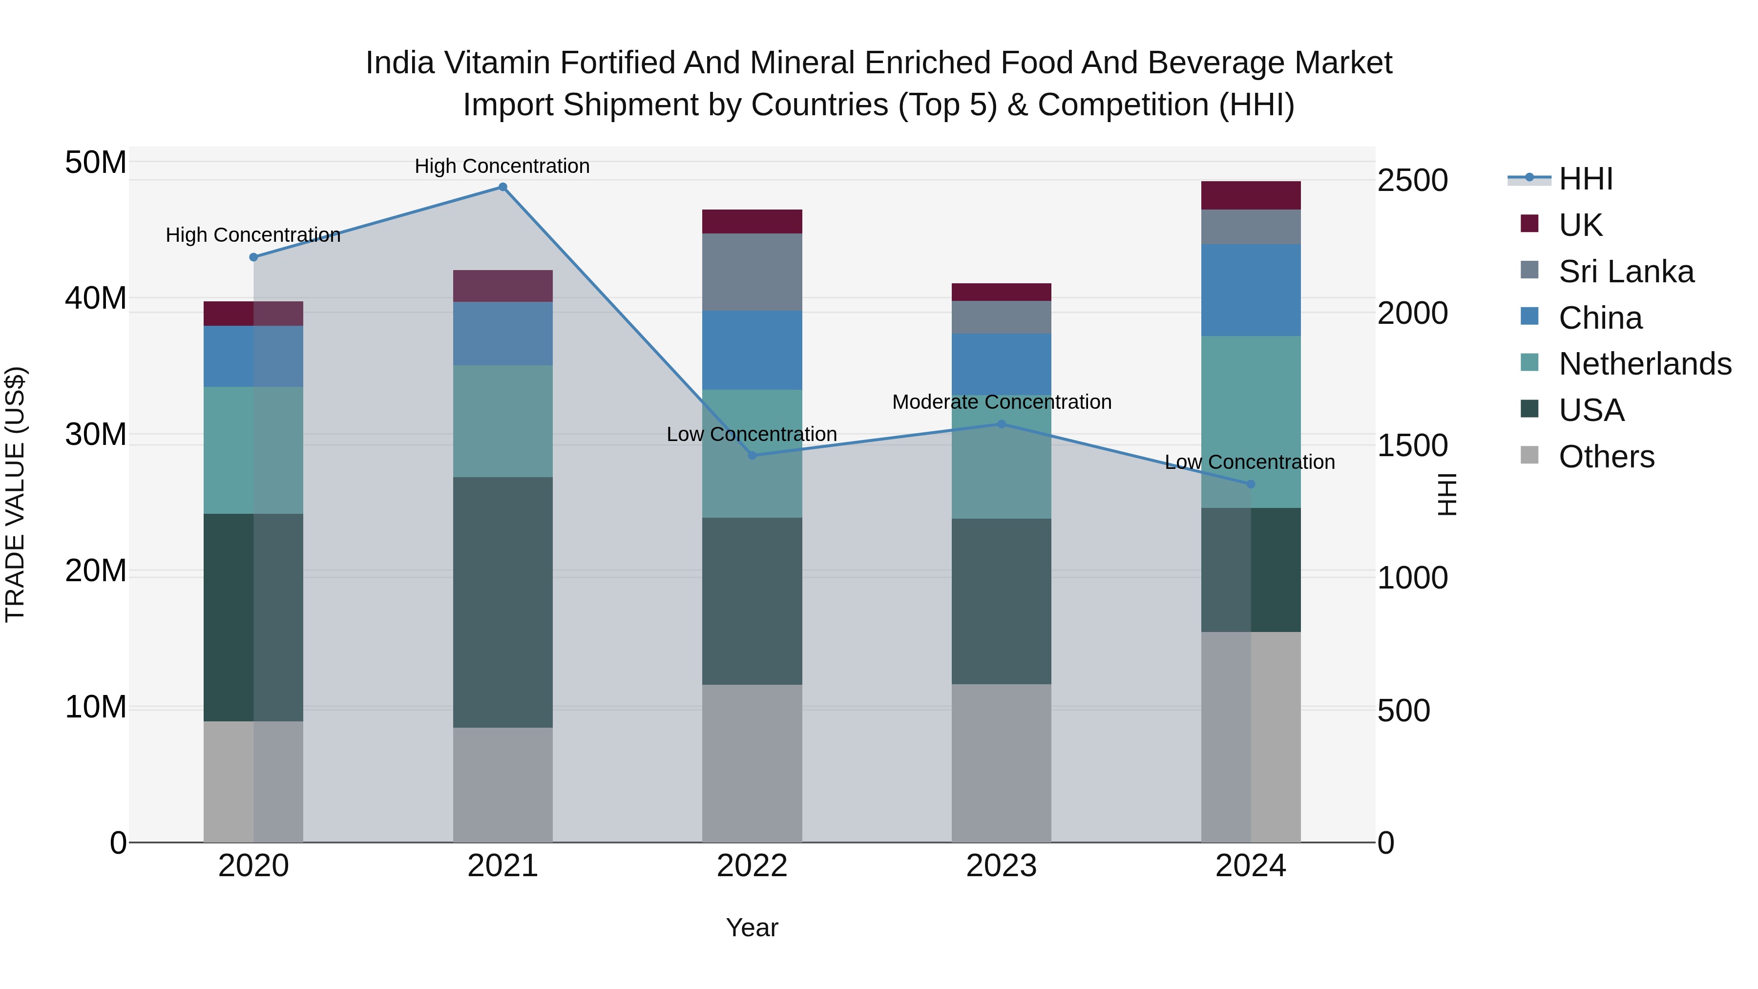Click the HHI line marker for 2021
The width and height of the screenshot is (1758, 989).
502,187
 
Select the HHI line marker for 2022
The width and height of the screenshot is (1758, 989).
752,455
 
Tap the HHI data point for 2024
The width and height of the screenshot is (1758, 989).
1250,484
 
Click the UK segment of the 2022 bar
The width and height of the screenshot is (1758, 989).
752,222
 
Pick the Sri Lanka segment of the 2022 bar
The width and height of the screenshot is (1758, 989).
752,273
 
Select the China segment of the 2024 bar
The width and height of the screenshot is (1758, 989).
1250,290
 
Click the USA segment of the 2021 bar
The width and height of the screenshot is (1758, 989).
502,602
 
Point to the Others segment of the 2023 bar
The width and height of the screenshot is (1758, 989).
1001,763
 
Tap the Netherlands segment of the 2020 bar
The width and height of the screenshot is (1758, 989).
253,450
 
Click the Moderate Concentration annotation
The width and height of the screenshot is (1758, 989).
1001,402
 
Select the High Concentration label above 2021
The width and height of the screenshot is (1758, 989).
502,166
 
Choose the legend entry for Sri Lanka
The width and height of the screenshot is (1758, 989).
1626,272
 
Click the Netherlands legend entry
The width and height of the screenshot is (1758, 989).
1645,364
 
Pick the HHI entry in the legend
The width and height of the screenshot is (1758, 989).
1585,179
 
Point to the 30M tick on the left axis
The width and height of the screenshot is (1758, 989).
96,434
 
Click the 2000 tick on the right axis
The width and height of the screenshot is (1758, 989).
1412,313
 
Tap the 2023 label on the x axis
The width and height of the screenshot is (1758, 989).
1001,866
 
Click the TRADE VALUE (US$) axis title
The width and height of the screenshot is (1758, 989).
15,494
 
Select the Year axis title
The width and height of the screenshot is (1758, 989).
752,927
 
